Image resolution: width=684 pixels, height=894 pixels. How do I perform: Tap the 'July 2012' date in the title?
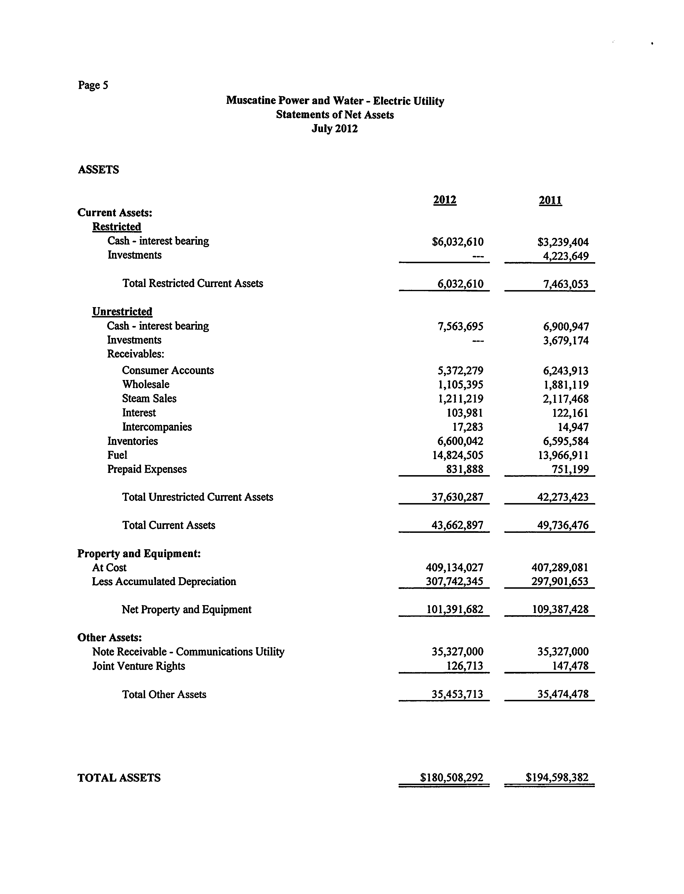pos(335,129)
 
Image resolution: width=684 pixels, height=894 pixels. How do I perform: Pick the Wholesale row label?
pos(146,384)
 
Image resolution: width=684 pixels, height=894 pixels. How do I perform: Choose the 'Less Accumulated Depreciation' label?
pos(164,582)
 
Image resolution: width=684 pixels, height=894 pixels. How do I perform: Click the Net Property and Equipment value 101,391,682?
pos(455,609)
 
